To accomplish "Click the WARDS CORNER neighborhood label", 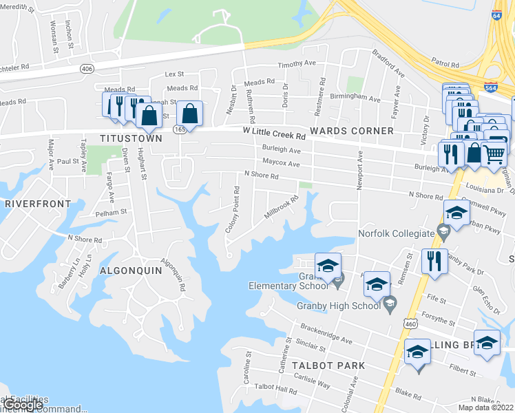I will click(x=352, y=131).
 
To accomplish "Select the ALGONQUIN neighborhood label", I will click(x=130, y=271).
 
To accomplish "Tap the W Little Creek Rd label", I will click(x=274, y=133).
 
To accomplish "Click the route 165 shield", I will click(x=178, y=130).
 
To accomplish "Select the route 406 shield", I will click(x=87, y=69).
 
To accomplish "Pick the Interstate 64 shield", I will click(x=498, y=33).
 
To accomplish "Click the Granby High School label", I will click(x=338, y=306).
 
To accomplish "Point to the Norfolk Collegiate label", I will click(x=397, y=233).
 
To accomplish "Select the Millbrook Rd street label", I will click(x=282, y=209).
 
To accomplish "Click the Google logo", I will click(x=23, y=405).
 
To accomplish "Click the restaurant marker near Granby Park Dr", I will click(x=434, y=262).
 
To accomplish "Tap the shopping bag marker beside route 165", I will click(x=190, y=114).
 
